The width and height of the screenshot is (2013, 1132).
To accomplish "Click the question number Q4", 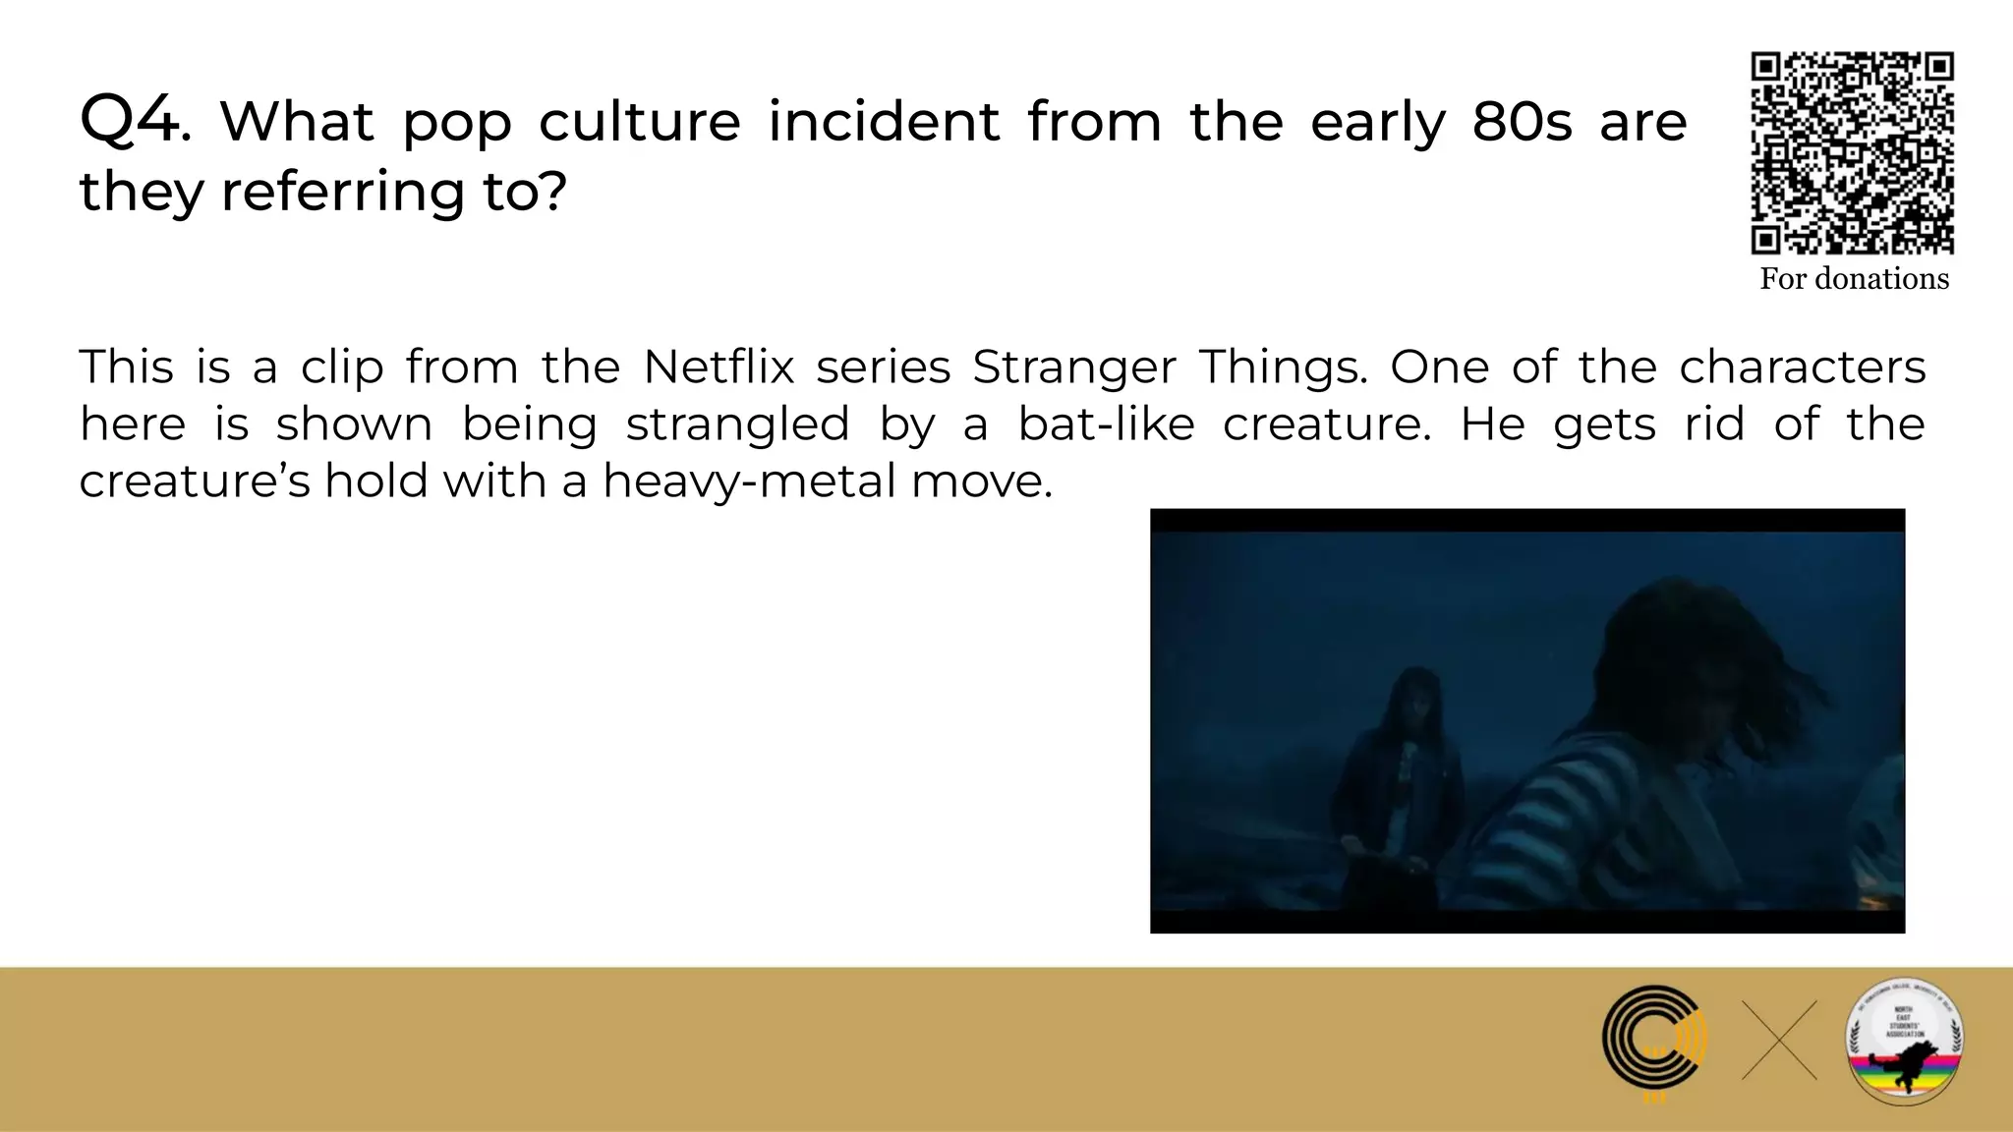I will (x=134, y=121).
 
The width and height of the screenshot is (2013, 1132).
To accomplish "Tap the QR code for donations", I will (x=1852, y=152).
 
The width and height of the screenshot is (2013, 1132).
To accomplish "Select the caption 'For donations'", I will (x=1854, y=279).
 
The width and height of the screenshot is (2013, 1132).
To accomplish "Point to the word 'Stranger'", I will (x=1073, y=368).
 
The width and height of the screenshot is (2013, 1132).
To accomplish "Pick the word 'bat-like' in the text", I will (x=1106, y=424).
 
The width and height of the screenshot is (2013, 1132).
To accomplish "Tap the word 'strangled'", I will (x=737, y=424).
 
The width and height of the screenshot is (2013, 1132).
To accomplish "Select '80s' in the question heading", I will (x=1522, y=122).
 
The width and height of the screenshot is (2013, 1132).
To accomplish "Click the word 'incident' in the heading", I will (x=884, y=122).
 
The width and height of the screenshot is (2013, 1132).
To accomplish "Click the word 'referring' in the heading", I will (x=342, y=191).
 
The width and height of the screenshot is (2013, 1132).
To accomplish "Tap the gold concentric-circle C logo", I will (x=1654, y=1042).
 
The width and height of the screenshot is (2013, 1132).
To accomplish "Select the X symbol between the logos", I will (x=1779, y=1041).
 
